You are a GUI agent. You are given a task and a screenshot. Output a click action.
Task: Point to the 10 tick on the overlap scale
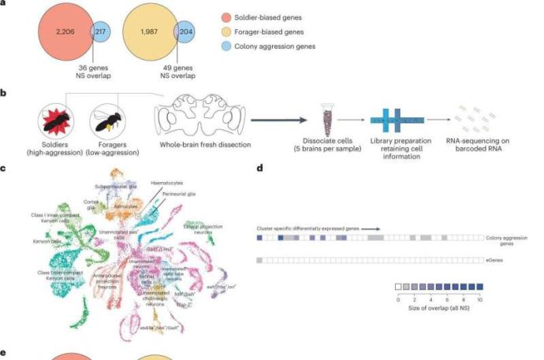[479, 300]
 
